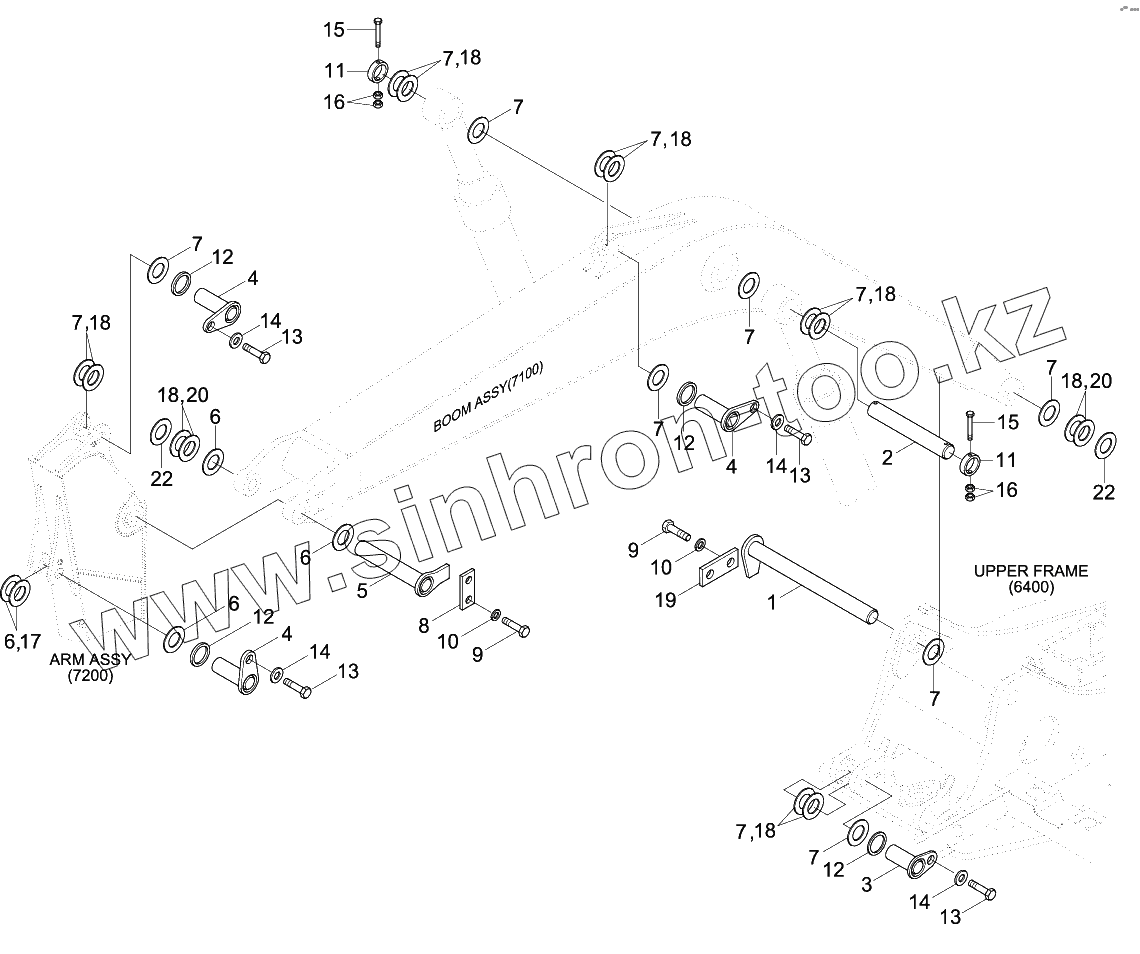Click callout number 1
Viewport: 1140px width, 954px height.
(770, 604)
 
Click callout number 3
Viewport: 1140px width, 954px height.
(867, 884)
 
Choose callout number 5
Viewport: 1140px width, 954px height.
(361, 590)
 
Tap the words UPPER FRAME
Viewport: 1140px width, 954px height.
(1031, 571)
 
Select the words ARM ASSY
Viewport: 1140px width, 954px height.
(90, 660)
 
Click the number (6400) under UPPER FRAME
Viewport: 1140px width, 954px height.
(1031, 587)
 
